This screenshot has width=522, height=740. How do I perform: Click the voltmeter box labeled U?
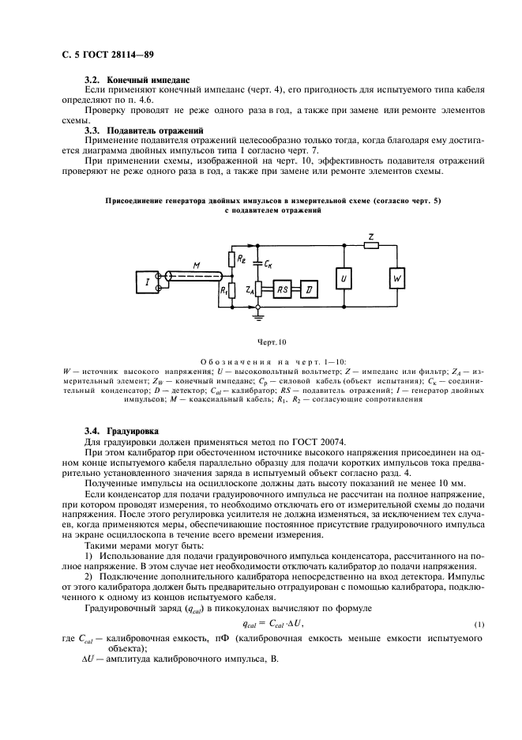(x=344, y=279)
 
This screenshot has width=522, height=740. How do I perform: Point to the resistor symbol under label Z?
(x=370, y=246)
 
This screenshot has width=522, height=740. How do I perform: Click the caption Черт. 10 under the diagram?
(x=261, y=343)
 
